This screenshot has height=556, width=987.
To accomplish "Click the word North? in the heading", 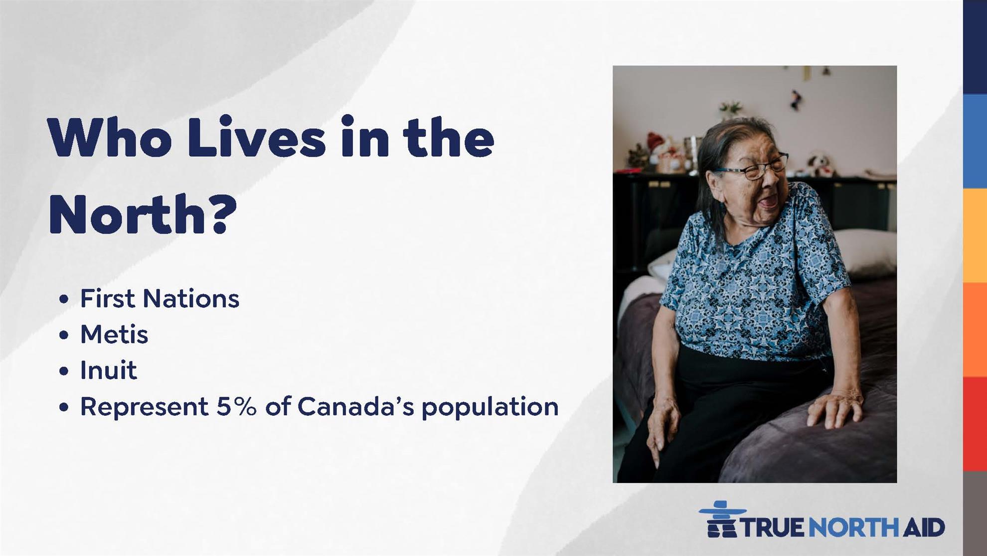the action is pos(143,215).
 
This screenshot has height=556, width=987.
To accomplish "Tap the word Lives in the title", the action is pos(257,137).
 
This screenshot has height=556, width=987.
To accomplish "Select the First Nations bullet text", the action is pos(160,298).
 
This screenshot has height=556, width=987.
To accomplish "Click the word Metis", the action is pos(114,334).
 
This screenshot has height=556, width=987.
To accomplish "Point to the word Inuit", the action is pos(108,370).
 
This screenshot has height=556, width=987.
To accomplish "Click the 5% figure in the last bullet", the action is pos(236,406).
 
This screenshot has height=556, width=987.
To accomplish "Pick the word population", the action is pos(490,407).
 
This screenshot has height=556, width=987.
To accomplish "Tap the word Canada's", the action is pos(356,406).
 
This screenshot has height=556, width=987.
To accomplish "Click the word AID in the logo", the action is pos(924,527).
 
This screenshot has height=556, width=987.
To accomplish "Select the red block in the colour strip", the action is pos(975,424).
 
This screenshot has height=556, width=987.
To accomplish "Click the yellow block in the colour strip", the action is pos(975,236).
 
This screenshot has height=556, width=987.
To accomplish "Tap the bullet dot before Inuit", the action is pos(63,371).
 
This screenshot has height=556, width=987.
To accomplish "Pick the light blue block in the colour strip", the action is pos(975,141).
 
